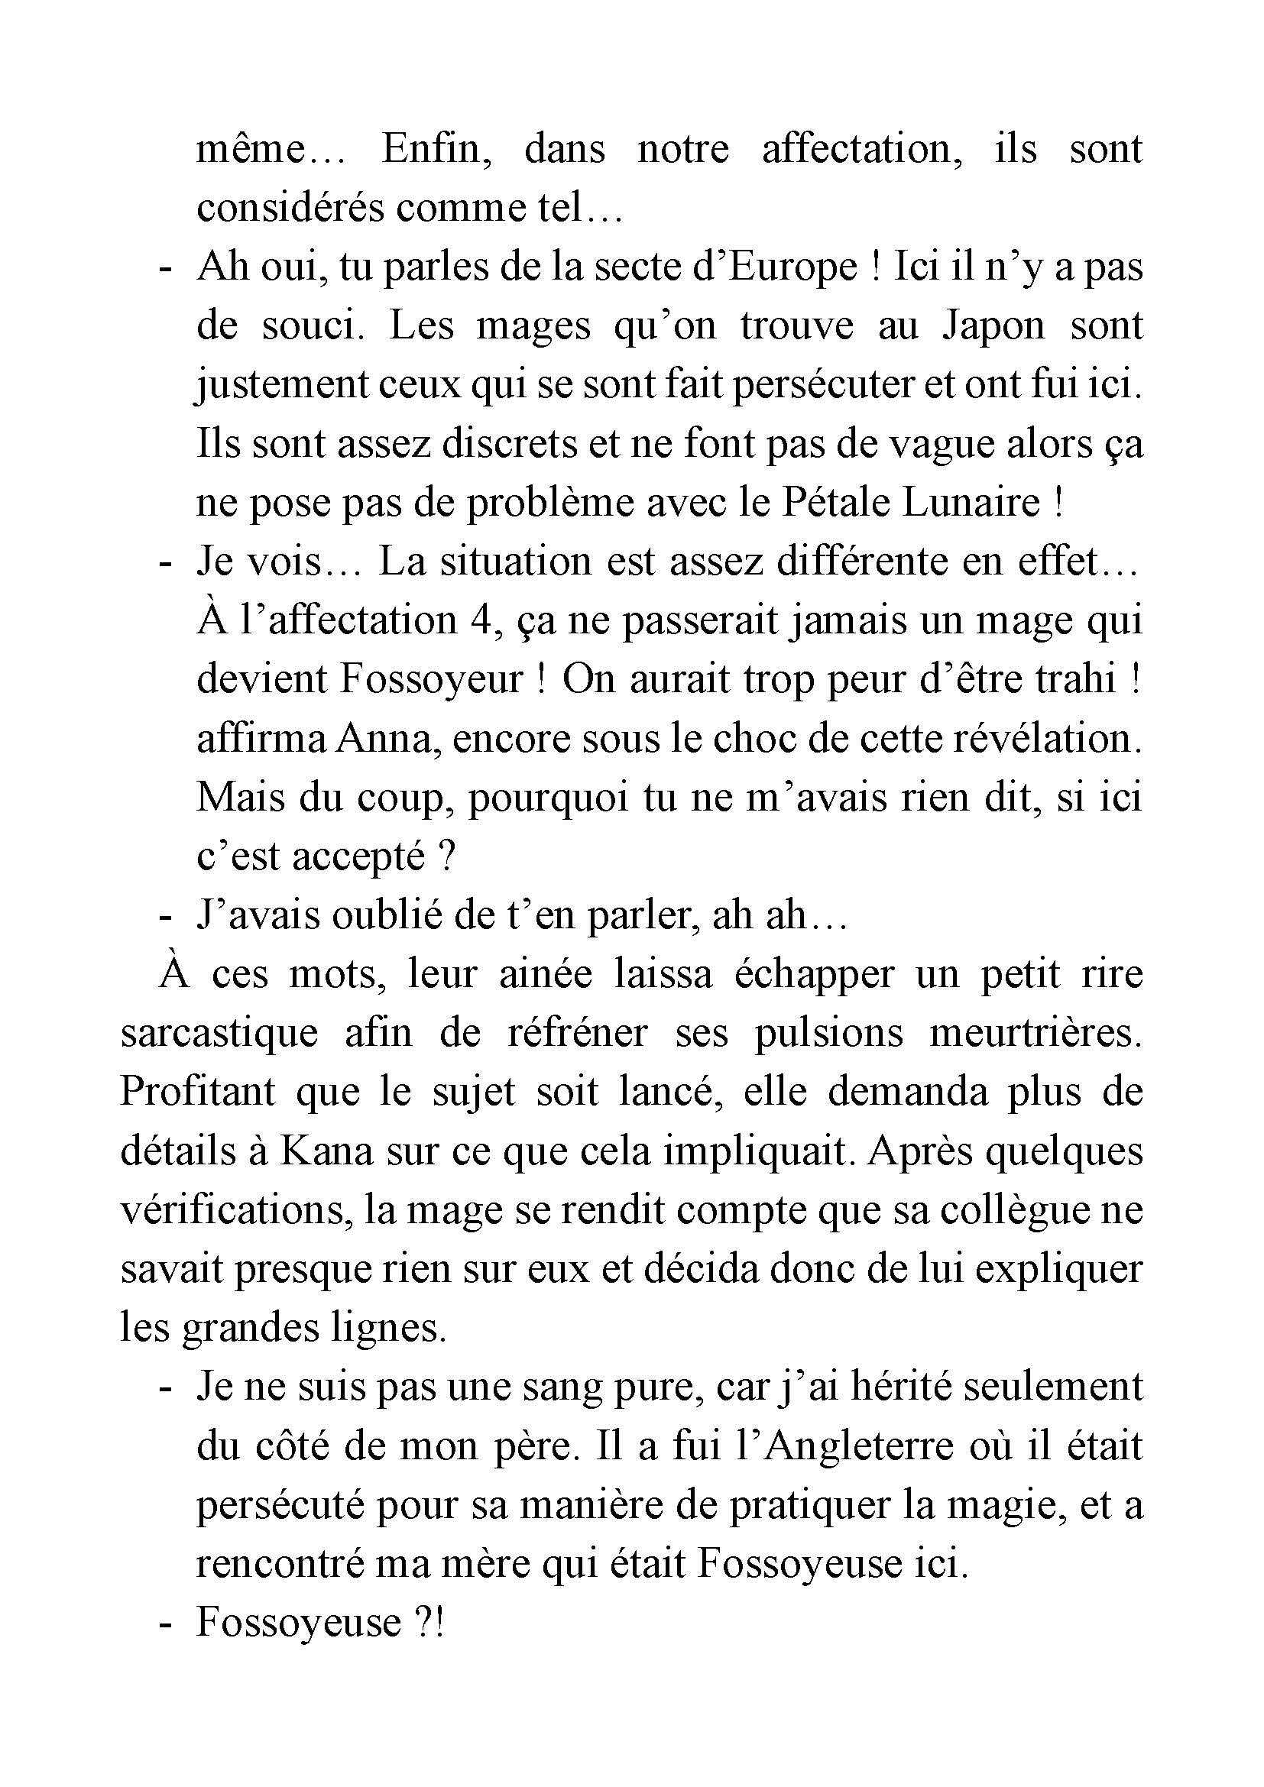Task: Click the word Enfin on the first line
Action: (436, 149)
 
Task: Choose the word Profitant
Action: (198, 1093)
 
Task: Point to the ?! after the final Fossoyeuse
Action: (426, 1624)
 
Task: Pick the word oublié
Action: (375, 916)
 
